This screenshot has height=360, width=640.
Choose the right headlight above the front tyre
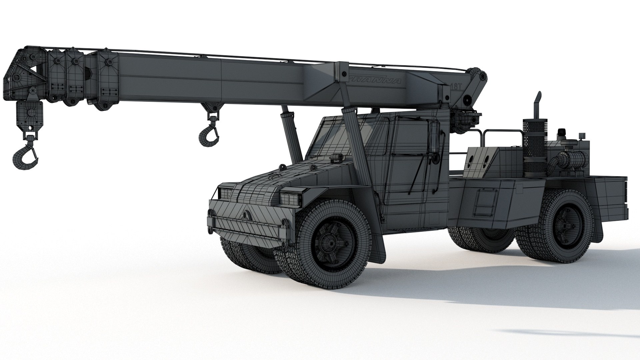pyautogui.click(x=290, y=199)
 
